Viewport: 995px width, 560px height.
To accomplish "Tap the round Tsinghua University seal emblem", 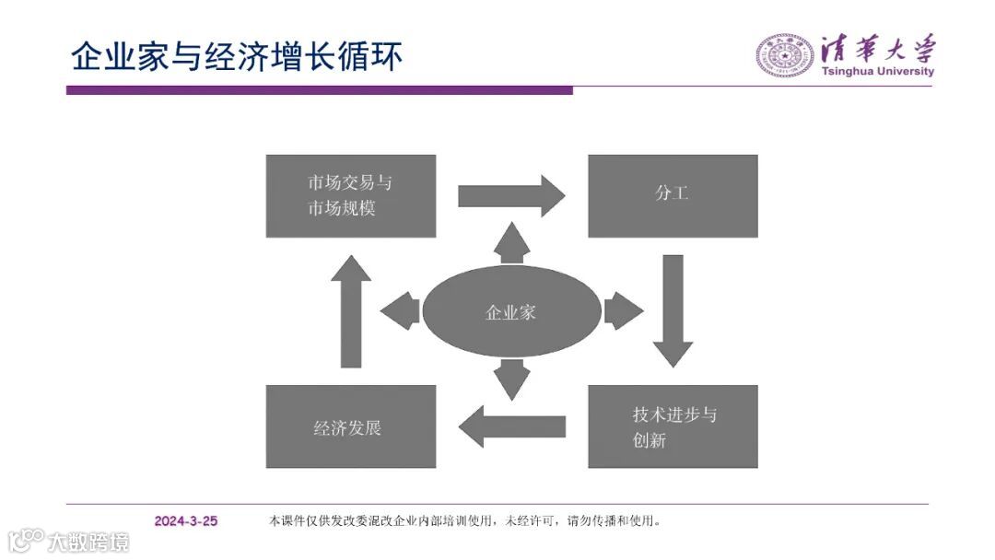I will pyautogui.click(x=784, y=55).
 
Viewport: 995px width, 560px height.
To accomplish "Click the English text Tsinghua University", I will pyautogui.click(x=877, y=72).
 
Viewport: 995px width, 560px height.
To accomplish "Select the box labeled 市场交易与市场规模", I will pyautogui.click(x=351, y=196).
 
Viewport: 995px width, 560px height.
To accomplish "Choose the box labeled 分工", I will pyautogui.click(x=673, y=196).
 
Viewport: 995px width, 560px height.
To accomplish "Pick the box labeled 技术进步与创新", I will pyautogui.click(x=673, y=426).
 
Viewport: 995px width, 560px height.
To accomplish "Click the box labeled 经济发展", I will pyautogui.click(x=351, y=426).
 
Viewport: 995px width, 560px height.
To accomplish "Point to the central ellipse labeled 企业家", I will pyautogui.click(x=510, y=313).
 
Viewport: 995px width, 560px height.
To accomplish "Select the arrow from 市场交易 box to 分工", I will pyautogui.click(x=511, y=195).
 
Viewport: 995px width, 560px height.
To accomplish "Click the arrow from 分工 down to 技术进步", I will pyautogui.click(x=673, y=311).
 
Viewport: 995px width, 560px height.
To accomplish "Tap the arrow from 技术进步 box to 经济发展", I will pyautogui.click(x=511, y=426).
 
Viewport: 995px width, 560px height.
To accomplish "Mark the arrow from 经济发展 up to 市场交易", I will pyautogui.click(x=351, y=311).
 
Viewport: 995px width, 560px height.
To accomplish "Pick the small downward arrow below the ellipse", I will pyautogui.click(x=511, y=378).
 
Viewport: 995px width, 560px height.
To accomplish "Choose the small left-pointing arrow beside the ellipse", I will pyautogui.click(x=401, y=311).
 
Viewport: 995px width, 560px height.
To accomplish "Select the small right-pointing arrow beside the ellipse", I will pyautogui.click(x=624, y=311).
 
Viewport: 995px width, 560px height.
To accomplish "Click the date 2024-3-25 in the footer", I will pyautogui.click(x=186, y=521).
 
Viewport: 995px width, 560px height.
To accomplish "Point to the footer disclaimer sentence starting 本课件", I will pyautogui.click(x=465, y=521).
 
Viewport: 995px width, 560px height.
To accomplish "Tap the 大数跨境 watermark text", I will pyautogui.click(x=88, y=541).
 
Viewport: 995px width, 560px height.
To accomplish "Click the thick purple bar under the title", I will pyautogui.click(x=319, y=90).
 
